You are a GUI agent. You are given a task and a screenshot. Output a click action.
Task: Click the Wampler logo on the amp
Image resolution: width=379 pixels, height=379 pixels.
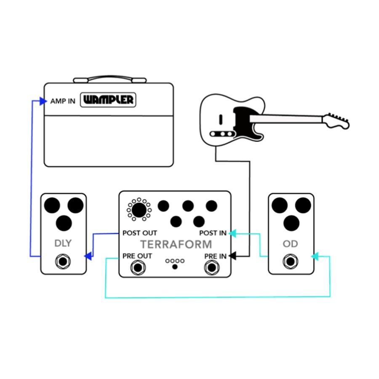[109, 100]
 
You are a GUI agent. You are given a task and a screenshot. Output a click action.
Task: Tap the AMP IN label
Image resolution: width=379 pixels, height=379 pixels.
[63, 101]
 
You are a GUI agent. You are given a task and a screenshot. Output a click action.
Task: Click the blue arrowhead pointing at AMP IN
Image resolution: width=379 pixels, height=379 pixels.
[43, 101]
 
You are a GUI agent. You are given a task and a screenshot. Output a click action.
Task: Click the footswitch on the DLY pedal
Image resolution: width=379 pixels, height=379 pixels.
[63, 262]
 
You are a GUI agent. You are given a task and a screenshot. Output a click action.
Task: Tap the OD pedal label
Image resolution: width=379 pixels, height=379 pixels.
[291, 244]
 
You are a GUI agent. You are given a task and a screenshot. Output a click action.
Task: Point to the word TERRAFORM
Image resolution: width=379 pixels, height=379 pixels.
[176, 244]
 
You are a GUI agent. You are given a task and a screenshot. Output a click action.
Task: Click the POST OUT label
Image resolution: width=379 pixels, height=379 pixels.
[140, 233]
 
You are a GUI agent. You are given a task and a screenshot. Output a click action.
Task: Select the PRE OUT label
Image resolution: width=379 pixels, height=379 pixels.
[137, 256]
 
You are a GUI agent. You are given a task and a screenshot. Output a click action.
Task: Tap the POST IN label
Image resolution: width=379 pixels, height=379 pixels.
[213, 233]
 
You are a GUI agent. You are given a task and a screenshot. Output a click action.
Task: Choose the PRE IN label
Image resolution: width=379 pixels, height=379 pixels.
[215, 256]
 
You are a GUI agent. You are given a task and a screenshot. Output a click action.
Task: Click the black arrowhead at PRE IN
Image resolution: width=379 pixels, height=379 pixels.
[233, 256]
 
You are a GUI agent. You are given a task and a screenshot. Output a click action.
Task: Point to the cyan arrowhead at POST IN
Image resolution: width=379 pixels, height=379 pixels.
[232, 232]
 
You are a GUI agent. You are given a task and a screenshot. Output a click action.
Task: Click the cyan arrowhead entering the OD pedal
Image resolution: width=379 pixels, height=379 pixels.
[314, 256]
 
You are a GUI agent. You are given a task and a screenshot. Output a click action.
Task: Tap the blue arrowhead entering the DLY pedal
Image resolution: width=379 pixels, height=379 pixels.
[88, 256]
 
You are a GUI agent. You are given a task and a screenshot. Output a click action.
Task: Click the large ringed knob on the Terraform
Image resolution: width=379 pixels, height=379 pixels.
[139, 209]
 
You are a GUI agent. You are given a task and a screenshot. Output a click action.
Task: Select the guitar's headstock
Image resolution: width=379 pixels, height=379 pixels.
[337, 120]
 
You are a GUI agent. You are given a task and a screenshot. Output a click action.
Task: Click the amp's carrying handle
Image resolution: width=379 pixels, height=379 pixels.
[109, 79]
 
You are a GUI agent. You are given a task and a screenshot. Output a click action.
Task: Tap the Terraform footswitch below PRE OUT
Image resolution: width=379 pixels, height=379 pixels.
[138, 267]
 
